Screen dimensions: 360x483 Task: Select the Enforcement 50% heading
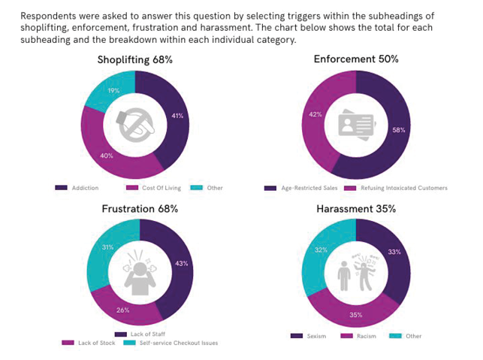click(x=356, y=59)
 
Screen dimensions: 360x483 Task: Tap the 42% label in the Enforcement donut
click(x=315, y=115)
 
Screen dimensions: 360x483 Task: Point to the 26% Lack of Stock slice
click(x=122, y=310)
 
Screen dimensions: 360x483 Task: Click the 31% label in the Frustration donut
click(x=107, y=247)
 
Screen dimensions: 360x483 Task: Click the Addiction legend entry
click(x=78, y=188)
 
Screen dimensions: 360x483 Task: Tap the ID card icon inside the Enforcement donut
click(x=356, y=125)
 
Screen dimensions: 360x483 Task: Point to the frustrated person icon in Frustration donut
click(x=140, y=272)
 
